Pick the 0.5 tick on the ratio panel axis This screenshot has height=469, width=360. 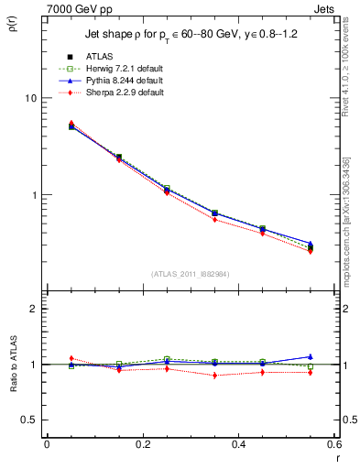coord(30,420)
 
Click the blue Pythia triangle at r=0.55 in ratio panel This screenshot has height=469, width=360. coord(310,356)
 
